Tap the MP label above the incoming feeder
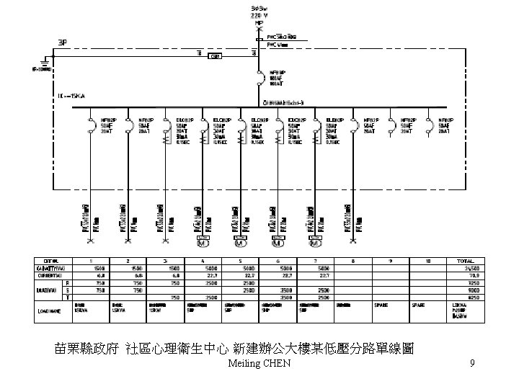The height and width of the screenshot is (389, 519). pyautogui.click(x=258, y=22)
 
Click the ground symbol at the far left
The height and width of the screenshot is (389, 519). pyautogui.click(x=44, y=61)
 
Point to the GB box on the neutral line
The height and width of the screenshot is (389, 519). pyautogui.click(x=214, y=55)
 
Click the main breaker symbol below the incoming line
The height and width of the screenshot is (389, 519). pyautogui.click(x=258, y=79)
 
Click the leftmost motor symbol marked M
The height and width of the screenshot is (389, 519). pyautogui.click(x=203, y=243)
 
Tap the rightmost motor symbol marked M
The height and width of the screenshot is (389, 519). pyautogui.click(x=315, y=243)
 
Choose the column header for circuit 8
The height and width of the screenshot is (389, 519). pyautogui.click(x=352, y=260)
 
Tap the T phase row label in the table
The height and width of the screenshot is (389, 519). pyautogui.click(x=66, y=297)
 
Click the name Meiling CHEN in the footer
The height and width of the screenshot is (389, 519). pyautogui.click(x=258, y=363)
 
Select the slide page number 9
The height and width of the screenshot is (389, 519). pyautogui.click(x=471, y=363)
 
